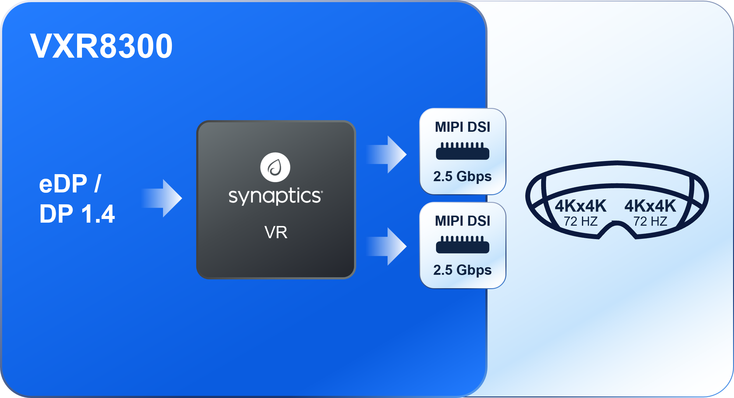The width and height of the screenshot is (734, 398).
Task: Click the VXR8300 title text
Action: click(x=101, y=46)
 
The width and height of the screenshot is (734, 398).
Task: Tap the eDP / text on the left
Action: click(x=70, y=184)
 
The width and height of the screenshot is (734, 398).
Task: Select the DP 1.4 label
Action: click(x=77, y=214)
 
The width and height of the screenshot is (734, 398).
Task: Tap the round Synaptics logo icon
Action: click(x=275, y=167)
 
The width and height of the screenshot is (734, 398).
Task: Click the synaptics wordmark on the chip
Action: click(x=275, y=196)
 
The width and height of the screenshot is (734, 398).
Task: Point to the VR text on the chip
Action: click(x=276, y=232)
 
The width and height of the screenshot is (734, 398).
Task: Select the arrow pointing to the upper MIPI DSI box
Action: click(x=388, y=155)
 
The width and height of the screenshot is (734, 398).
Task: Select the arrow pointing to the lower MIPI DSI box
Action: click(x=388, y=246)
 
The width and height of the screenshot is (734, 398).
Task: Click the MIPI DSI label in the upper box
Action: click(x=463, y=127)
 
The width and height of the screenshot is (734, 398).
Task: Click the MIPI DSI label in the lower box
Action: click(x=463, y=221)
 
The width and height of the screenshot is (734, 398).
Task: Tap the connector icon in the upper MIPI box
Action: click(x=463, y=151)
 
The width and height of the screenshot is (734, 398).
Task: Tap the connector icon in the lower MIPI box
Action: click(x=463, y=245)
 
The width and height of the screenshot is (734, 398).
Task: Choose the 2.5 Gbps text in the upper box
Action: click(x=463, y=177)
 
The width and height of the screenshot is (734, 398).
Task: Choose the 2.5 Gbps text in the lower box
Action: click(x=463, y=270)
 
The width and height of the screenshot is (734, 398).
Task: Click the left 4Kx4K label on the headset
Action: click(x=580, y=206)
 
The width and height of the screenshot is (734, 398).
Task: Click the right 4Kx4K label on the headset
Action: click(x=650, y=206)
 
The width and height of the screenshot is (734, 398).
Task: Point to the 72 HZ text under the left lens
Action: click(x=580, y=221)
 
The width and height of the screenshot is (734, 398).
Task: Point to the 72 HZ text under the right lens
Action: click(x=650, y=221)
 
